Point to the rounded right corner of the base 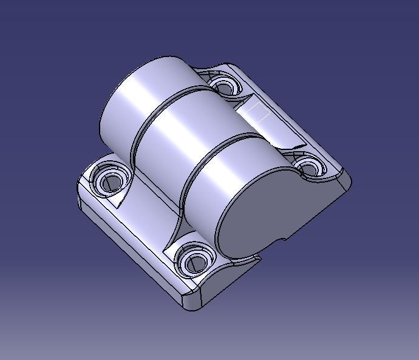346,182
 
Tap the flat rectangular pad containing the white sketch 270,124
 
